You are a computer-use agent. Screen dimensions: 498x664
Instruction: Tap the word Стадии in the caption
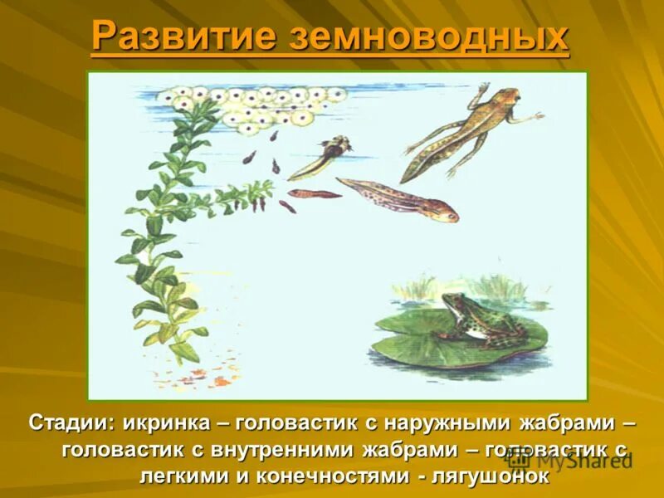[x=71, y=423]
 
